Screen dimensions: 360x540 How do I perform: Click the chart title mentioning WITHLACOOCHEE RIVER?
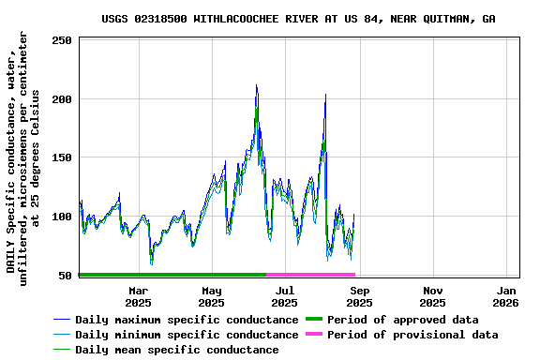pos(298,19)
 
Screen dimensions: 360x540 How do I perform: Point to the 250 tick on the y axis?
pos(62,40)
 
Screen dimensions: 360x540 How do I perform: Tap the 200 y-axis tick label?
pos(62,99)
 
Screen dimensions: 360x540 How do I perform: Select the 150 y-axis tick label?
pos(62,157)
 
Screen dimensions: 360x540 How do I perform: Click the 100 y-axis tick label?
pos(62,217)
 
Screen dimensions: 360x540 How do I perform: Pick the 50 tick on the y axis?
pos(66,275)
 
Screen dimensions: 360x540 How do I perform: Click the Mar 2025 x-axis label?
pos(138,296)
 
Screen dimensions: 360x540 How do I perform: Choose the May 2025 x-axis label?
pos(211,296)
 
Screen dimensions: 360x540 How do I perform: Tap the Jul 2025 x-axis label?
pos(285,296)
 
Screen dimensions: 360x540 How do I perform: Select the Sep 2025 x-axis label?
pos(359,296)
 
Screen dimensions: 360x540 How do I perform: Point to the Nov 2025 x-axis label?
pos(432,296)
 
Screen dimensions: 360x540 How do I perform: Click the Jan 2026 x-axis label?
pos(506,296)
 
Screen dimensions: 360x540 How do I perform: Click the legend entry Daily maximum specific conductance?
pos(187,320)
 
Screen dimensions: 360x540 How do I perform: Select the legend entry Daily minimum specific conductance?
pos(187,335)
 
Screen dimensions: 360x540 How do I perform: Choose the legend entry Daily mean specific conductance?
pos(176,350)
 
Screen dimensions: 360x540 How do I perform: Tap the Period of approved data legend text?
pos(403,320)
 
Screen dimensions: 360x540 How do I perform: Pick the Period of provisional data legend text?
pos(412,335)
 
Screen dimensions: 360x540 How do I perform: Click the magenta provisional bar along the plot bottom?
pos(310,275)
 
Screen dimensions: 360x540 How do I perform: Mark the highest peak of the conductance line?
pos(256,85)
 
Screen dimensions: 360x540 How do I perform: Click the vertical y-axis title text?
pos(22,155)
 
